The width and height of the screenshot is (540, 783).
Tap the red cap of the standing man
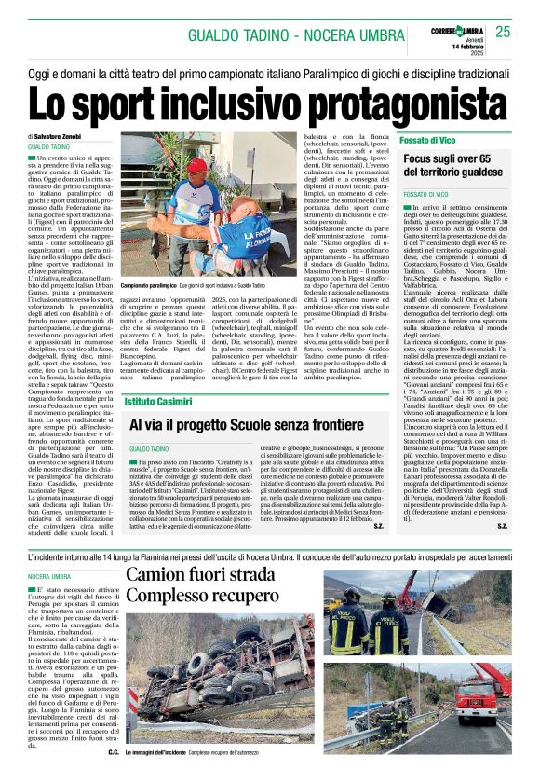point(197,166)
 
